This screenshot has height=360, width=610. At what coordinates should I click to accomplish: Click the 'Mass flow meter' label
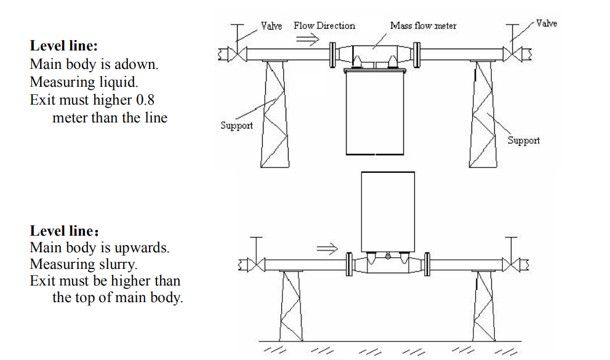[423, 26]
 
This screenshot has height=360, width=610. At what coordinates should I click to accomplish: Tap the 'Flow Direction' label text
[324, 26]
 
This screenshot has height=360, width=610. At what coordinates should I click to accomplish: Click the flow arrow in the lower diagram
[327, 249]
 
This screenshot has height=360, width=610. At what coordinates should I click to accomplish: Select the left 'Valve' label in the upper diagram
[271, 26]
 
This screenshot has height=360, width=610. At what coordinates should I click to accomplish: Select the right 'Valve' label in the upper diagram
[547, 23]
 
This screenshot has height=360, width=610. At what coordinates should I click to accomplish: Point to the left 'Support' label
[236, 126]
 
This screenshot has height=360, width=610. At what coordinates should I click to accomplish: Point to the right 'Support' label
[523, 140]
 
